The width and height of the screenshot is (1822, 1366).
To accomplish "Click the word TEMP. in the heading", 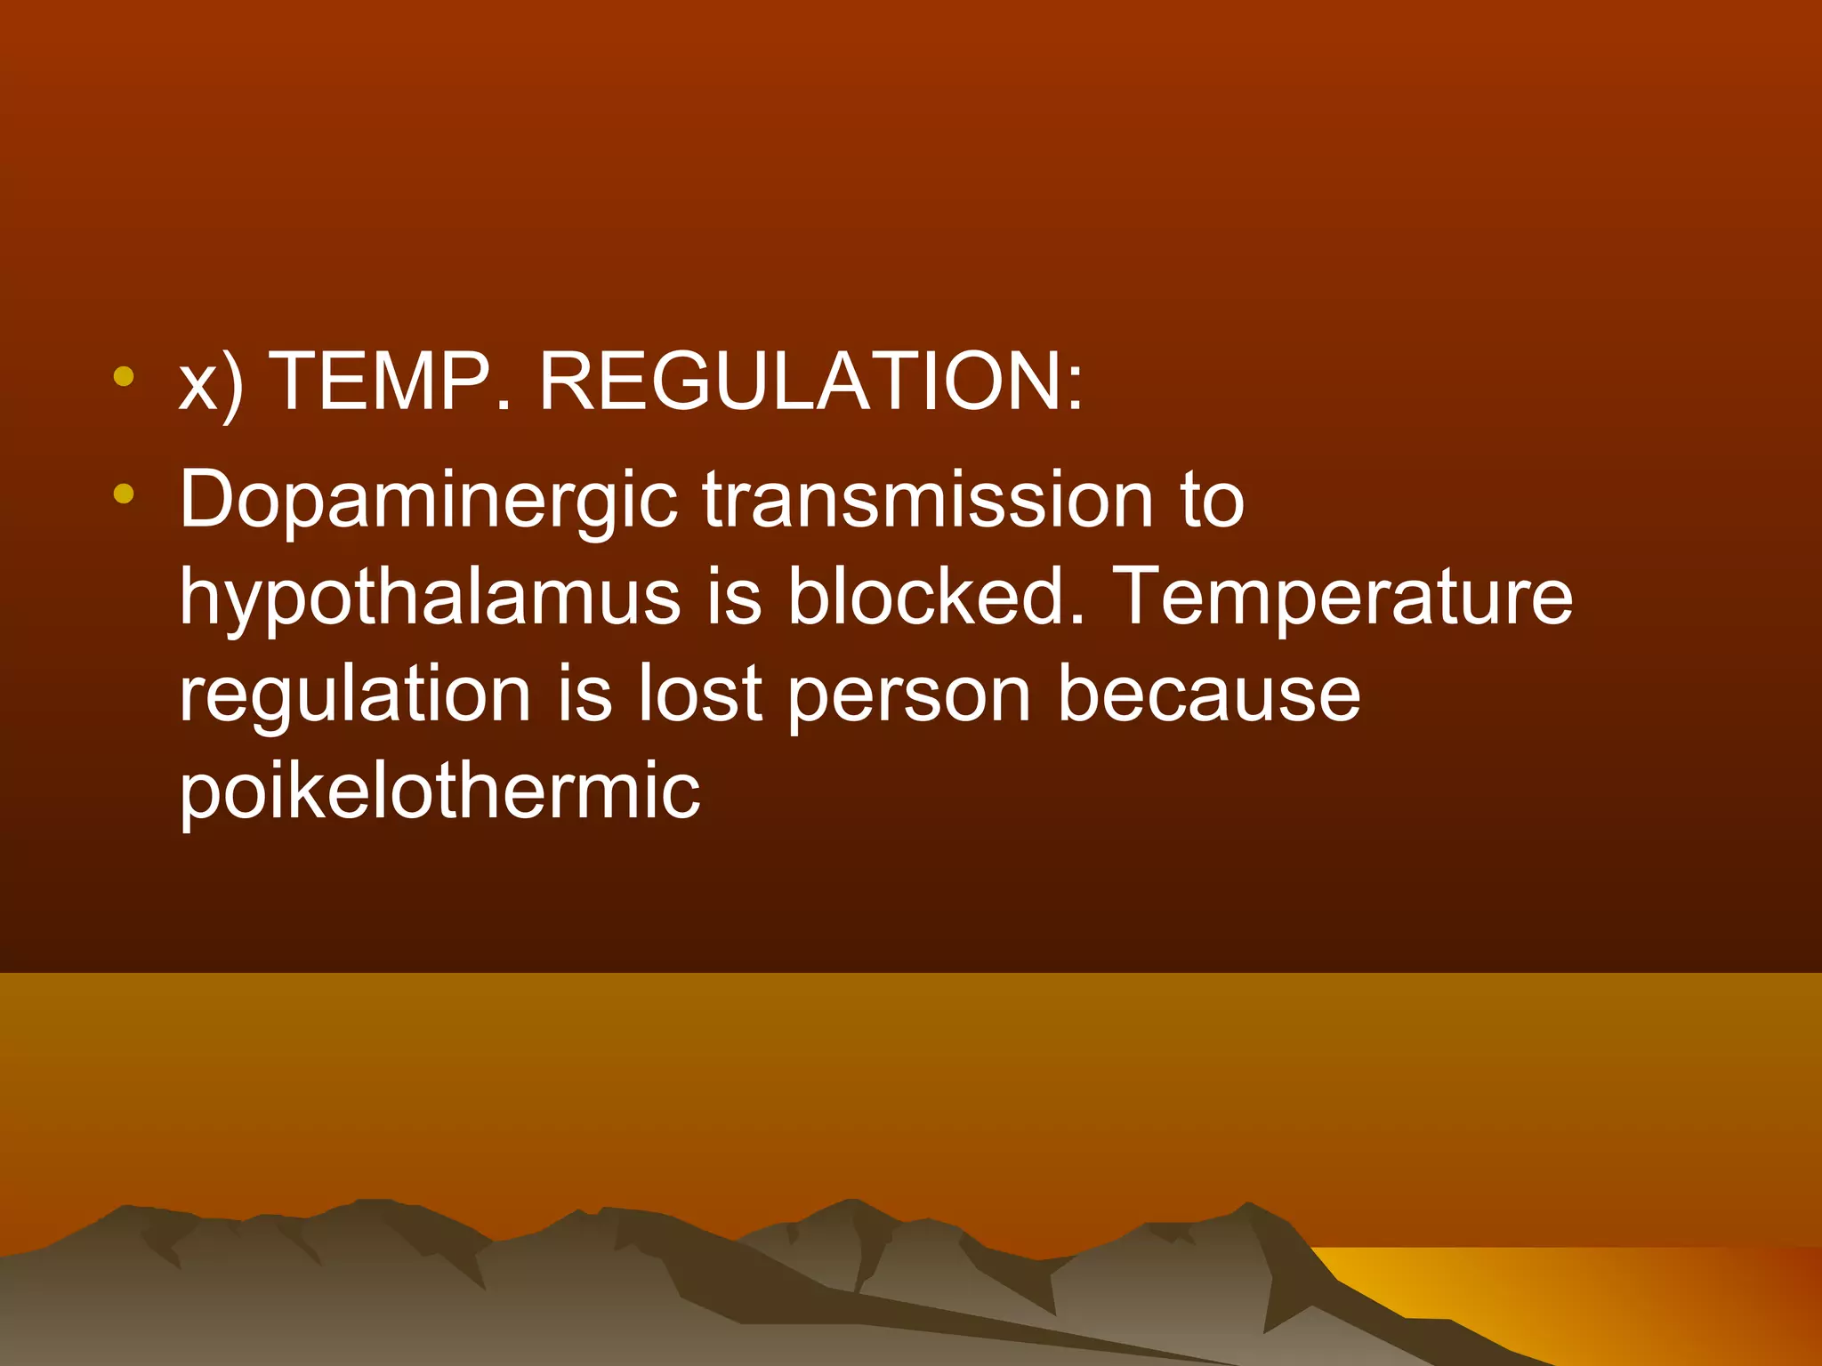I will [391, 382].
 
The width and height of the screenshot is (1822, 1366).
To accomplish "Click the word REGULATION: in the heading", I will [811, 382].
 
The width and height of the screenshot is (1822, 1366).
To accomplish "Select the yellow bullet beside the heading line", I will [124, 376].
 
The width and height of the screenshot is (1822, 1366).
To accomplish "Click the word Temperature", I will [1343, 598].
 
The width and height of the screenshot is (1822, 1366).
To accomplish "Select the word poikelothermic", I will [440, 791].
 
